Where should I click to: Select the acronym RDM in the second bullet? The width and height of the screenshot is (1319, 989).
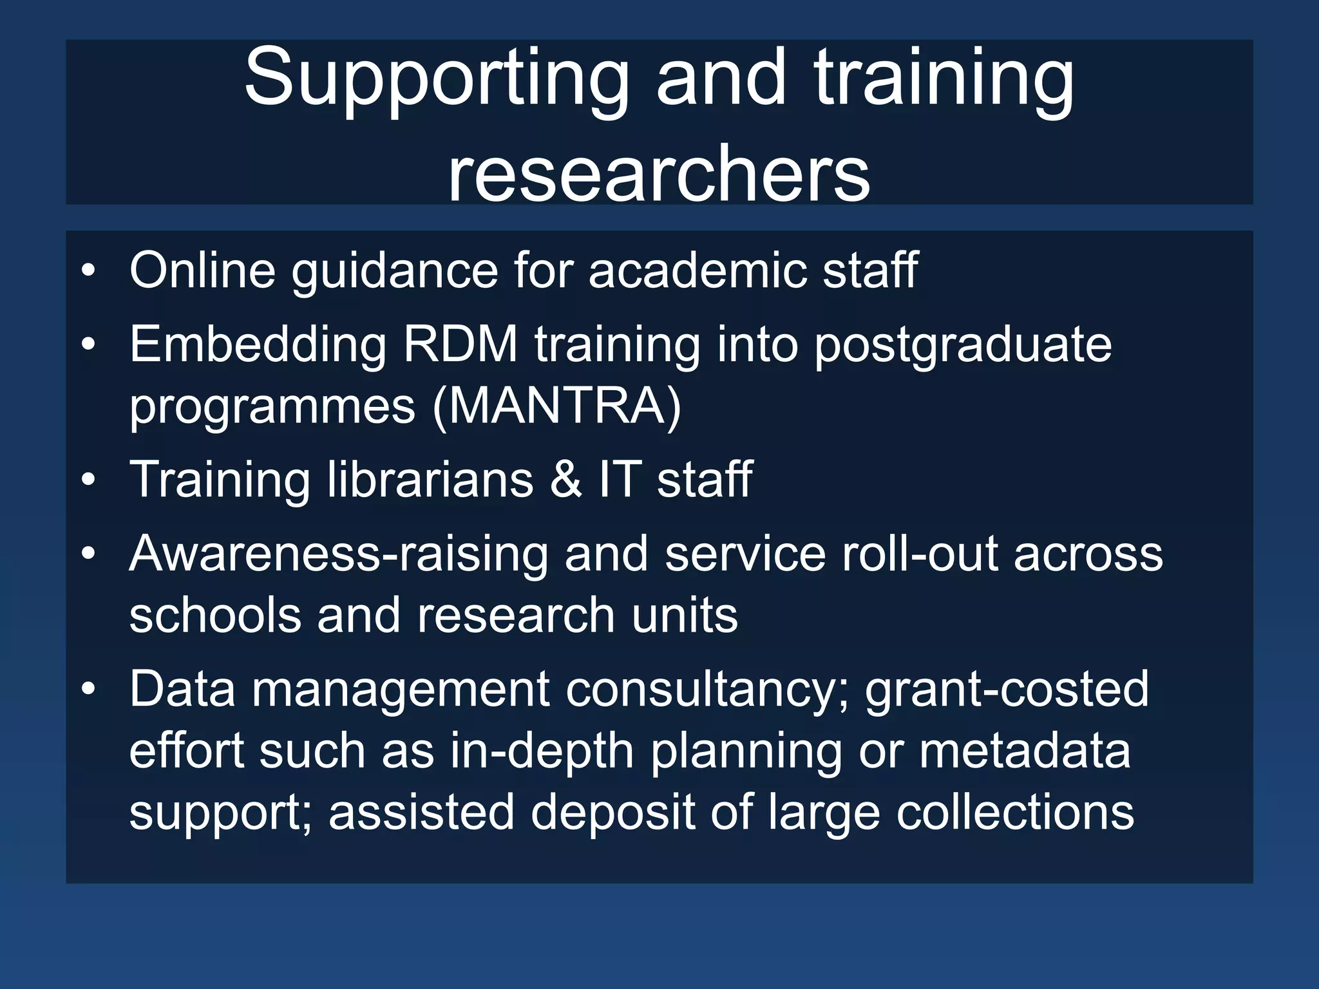pos(460,344)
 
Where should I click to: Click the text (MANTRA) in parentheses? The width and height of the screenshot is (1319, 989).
pos(556,407)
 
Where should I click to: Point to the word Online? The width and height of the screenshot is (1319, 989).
pos(202,270)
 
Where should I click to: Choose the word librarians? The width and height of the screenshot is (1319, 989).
pos(430,480)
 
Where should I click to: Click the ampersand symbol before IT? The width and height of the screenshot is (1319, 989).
pos(565,480)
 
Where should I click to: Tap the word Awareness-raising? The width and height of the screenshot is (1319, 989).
pos(338,554)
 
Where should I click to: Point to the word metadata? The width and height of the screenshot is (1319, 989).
pos(1024,751)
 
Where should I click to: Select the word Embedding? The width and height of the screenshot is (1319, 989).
pos(258,344)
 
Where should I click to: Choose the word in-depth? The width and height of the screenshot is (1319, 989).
pos(542,751)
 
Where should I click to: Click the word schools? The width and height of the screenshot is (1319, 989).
pos(215,616)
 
